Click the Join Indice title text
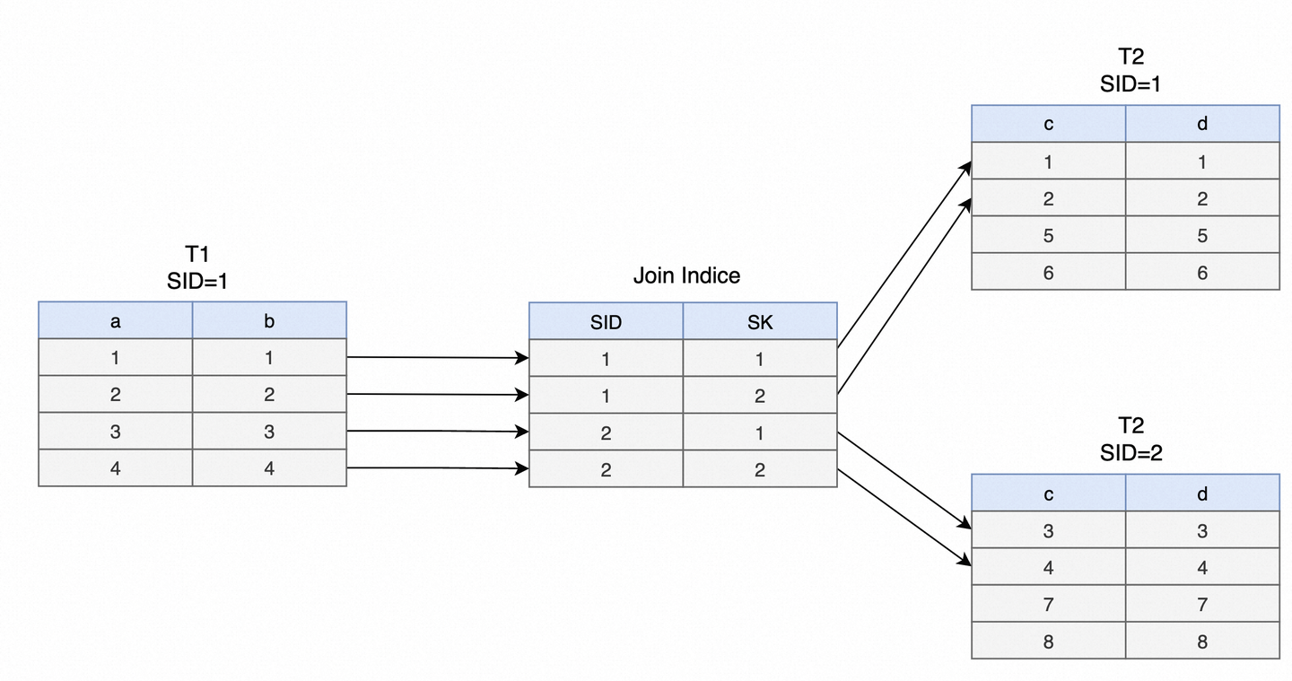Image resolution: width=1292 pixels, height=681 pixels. click(x=686, y=275)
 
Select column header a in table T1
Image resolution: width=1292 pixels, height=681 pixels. click(x=115, y=321)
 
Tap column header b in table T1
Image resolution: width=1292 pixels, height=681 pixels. click(x=269, y=321)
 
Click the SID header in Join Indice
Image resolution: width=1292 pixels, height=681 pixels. click(x=606, y=323)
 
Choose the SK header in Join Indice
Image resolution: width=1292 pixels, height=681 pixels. click(x=759, y=323)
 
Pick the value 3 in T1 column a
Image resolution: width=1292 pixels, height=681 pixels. click(x=115, y=432)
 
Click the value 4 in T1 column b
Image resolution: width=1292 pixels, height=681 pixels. click(x=269, y=468)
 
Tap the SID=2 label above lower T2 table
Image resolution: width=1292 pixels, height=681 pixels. click(x=1130, y=454)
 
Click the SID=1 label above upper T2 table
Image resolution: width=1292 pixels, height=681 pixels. click(x=1130, y=84)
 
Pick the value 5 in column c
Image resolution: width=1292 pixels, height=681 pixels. click(x=1048, y=236)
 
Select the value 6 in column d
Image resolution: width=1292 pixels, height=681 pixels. click(x=1202, y=273)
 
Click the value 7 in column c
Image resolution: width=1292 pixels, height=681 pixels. click(x=1048, y=605)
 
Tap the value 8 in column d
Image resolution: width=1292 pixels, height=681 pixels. click(x=1202, y=642)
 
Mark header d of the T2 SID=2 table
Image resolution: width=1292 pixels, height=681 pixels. click(x=1202, y=493)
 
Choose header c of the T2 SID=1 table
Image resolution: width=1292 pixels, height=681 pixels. click(x=1048, y=124)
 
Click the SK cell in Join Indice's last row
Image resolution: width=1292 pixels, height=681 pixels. click(x=759, y=469)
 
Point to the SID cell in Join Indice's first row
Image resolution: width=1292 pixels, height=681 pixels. click(x=606, y=359)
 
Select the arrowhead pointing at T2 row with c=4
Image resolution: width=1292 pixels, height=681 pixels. click(x=965, y=562)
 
